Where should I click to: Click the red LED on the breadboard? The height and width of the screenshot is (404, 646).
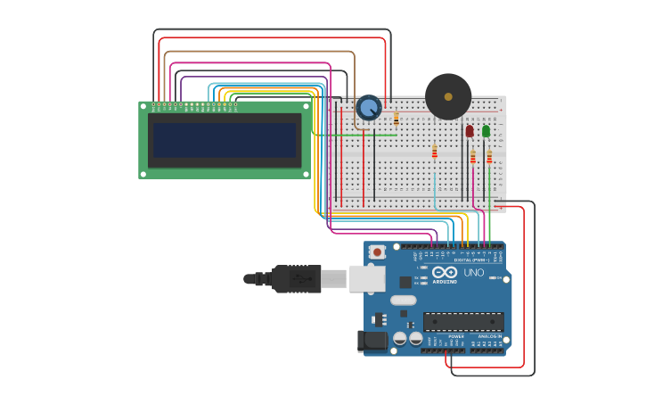[470, 131]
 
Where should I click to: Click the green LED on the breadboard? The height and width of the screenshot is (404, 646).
[486, 131]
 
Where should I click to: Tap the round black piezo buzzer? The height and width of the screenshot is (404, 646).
[448, 96]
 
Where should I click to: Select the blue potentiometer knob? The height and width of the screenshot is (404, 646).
[368, 109]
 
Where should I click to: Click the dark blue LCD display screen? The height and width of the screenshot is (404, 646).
[224, 140]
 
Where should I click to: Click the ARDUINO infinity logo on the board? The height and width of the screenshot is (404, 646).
[445, 272]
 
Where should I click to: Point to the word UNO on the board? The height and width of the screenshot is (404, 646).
[473, 272]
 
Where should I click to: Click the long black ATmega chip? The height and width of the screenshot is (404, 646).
[462, 321]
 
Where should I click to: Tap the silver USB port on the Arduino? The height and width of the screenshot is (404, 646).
[366, 278]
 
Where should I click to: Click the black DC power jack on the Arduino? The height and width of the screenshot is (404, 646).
[372, 341]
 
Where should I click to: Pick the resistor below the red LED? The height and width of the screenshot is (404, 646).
[473, 158]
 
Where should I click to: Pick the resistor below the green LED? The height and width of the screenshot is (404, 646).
[489, 158]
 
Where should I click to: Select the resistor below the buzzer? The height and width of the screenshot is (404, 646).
[435, 152]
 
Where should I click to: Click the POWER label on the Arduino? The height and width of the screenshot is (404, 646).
[444, 336]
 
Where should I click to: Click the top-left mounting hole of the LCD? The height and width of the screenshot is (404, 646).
[143, 107]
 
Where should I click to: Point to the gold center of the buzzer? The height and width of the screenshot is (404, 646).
[448, 96]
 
